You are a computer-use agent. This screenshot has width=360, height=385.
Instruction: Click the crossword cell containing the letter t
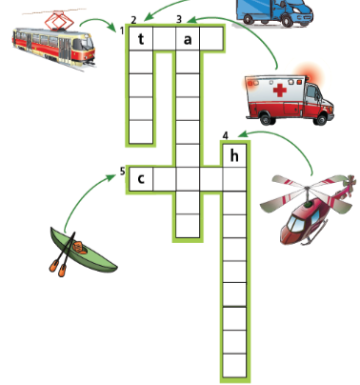point(141,39)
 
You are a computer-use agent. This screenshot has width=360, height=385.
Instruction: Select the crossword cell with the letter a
point(188,39)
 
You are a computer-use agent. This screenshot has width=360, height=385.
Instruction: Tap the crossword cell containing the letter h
point(234,155)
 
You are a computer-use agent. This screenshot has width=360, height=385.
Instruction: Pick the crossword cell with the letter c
point(141,178)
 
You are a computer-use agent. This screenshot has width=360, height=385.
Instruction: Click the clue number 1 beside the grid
point(123,30)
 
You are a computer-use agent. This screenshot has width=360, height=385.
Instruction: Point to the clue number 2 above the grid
point(133,19)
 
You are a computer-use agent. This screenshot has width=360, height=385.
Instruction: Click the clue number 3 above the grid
point(179,19)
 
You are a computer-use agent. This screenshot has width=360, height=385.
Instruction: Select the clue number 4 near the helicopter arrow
point(225,135)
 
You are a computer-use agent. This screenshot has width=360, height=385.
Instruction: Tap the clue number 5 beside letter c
point(122,172)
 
